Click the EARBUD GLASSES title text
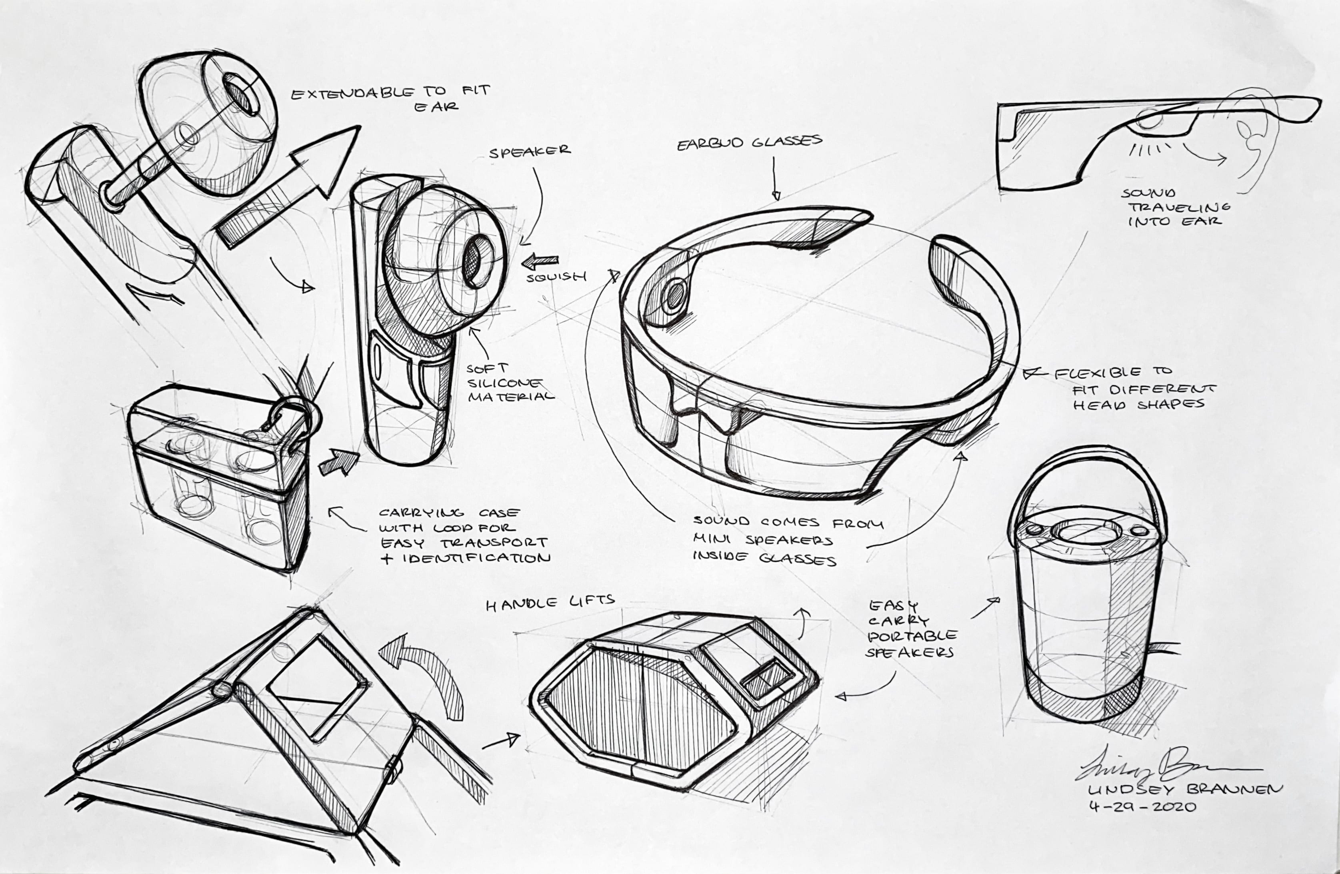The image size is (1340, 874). point(749,143)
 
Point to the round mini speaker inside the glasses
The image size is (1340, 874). point(673,297)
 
